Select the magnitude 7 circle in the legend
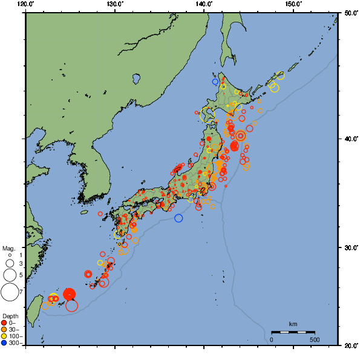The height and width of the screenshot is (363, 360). [x=10, y=292]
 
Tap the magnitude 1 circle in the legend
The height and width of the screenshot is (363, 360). [x=10, y=255]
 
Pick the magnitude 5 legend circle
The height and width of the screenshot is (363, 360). [x=10, y=275]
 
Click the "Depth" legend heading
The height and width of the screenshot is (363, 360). [x=10, y=316]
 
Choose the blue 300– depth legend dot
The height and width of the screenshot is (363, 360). [x=4, y=343]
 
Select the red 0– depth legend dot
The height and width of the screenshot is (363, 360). [x=4, y=322]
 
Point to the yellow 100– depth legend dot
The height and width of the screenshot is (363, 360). [x=4, y=336]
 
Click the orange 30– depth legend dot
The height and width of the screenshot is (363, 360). [x=4, y=329]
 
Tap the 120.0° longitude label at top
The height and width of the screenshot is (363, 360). [x=26, y=5]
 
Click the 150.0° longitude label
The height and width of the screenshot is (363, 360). [x=293, y=5]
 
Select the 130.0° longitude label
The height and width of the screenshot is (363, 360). [x=115, y=5]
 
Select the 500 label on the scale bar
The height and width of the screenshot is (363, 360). [x=315, y=339]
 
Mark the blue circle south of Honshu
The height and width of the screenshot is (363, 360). [x=178, y=218]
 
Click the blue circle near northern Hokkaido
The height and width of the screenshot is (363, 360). [x=215, y=81]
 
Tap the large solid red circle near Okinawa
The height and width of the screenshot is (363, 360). [x=70, y=294]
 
